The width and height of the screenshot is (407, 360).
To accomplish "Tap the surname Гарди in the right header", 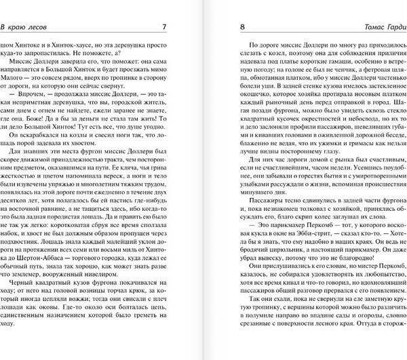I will (x=391, y=27).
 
